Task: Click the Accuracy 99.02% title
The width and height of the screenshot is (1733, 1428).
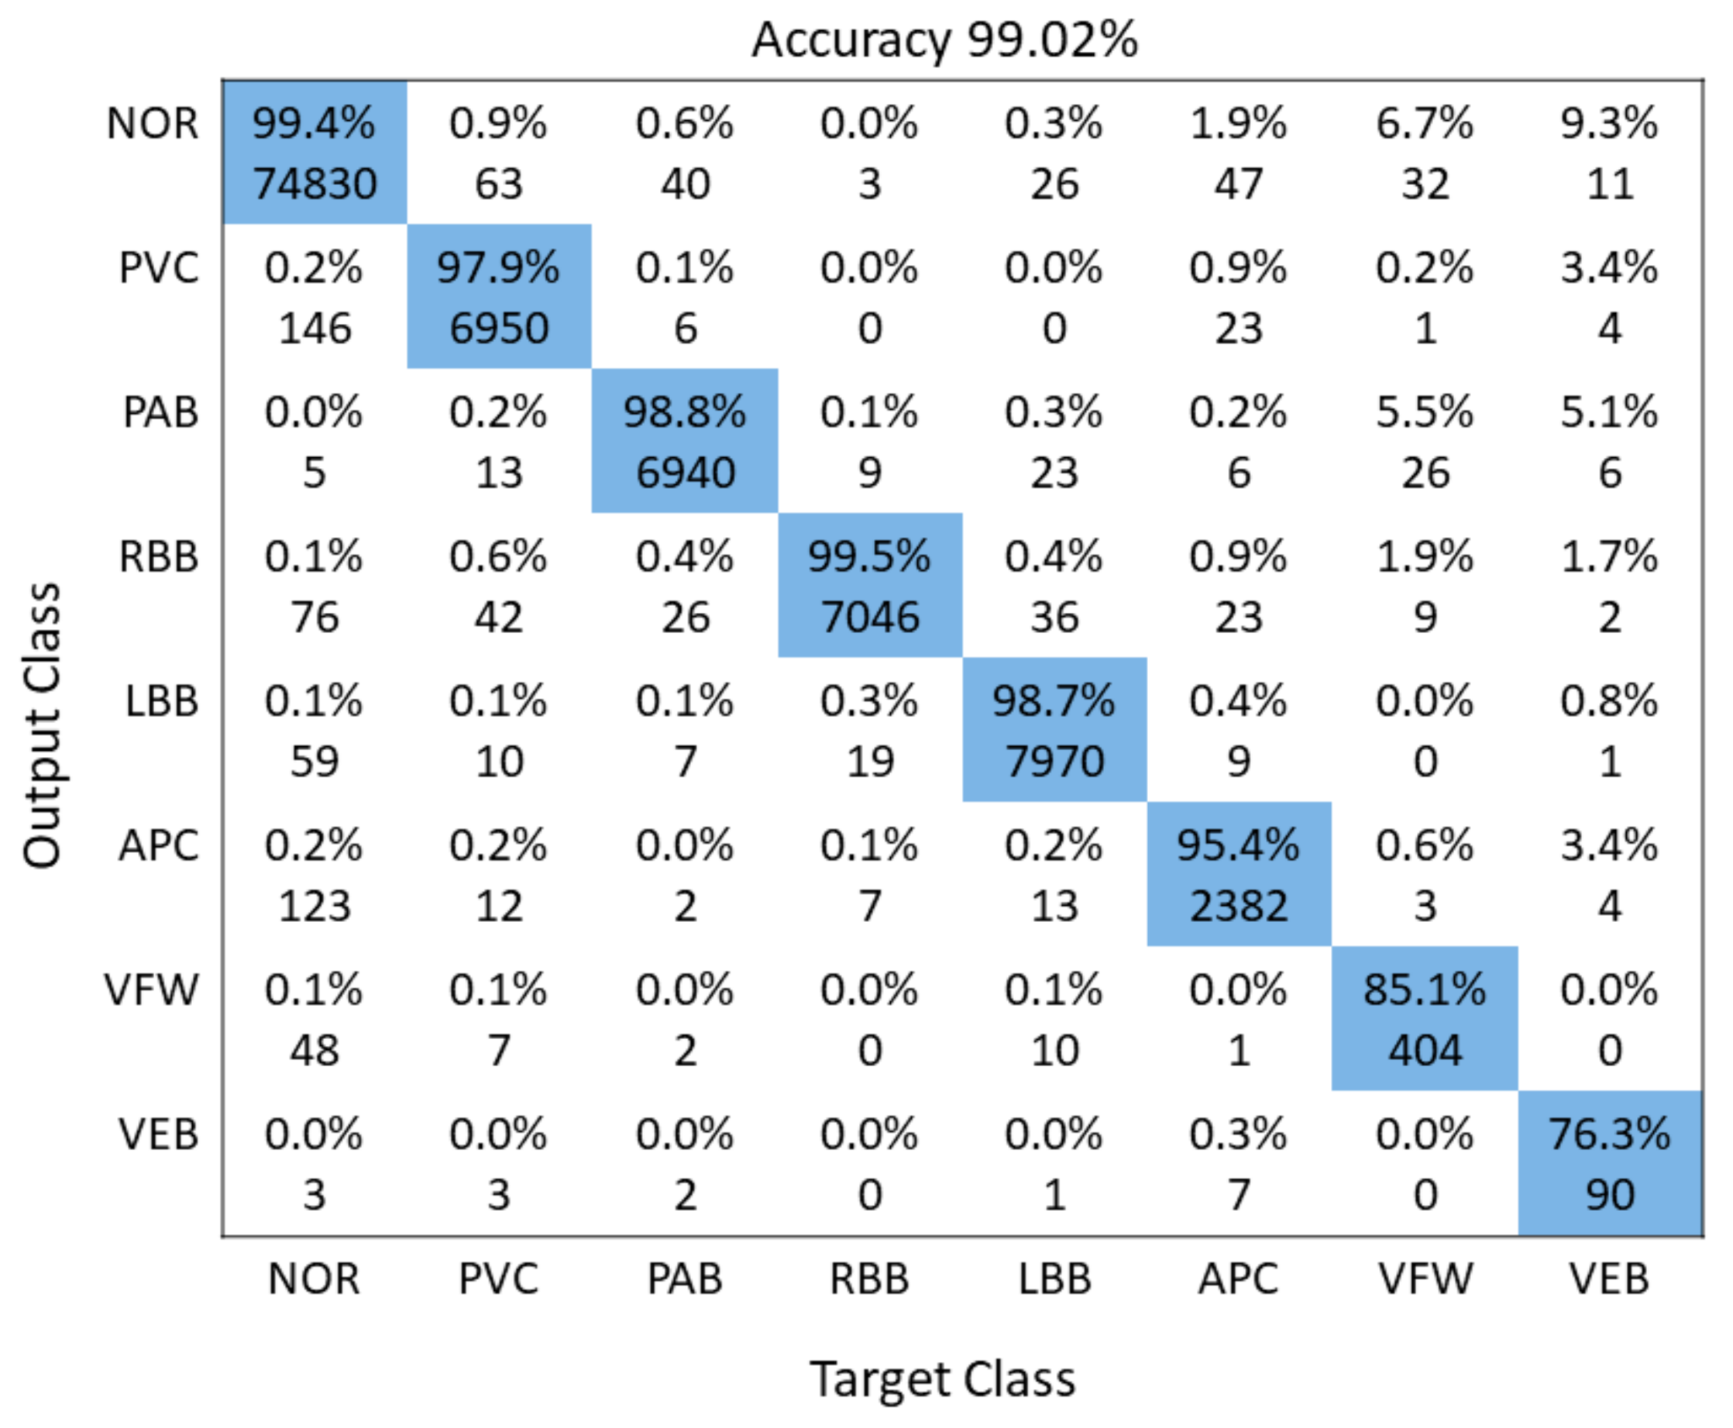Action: coord(944,40)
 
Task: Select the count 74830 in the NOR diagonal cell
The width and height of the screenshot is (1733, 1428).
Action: coord(315,183)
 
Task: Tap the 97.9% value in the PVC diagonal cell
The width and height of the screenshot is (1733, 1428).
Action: coord(498,267)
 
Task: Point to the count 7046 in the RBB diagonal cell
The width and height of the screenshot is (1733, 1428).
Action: coord(869,617)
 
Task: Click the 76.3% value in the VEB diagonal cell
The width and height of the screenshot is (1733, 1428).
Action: coord(1610,1134)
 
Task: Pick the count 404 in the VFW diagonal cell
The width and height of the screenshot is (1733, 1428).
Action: coord(1425,1051)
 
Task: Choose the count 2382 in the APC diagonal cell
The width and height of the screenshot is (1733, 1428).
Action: coord(1239,906)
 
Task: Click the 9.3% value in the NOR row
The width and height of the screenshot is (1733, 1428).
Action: coord(1610,123)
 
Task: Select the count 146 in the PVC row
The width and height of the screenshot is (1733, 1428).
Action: coord(315,329)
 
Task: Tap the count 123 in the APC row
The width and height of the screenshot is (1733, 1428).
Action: coord(315,906)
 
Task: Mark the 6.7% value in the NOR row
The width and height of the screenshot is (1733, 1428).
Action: coord(1425,123)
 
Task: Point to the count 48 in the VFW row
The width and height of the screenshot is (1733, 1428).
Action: coord(315,1051)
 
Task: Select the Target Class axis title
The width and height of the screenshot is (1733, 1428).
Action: coord(943,1378)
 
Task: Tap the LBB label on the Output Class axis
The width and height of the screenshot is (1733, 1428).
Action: coord(162,702)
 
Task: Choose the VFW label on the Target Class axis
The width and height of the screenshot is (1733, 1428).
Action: coord(1425,1278)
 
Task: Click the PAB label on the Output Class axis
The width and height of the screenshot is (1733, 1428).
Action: coord(160,412)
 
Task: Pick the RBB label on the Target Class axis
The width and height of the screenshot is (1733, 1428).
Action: coord(869,1278)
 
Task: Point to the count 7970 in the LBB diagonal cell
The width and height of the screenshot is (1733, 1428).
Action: coord(1054,761)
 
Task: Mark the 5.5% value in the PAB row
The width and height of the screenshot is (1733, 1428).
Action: coord(1425,412)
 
